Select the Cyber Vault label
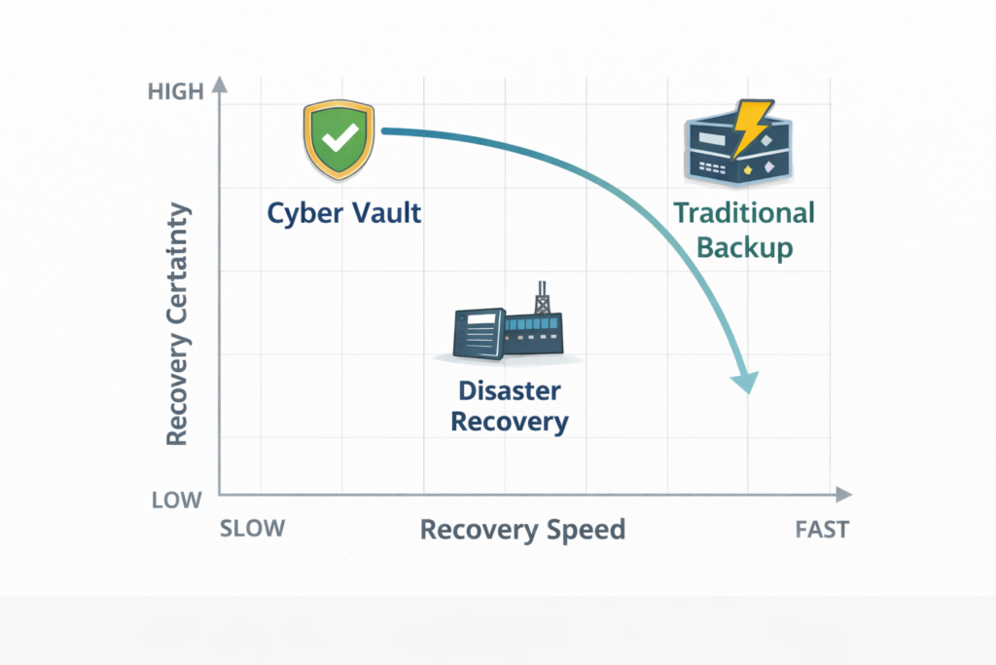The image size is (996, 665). click(344, 212)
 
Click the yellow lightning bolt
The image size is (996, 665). click(751, 128)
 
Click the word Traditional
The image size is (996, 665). click(744, 212)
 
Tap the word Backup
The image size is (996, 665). click(745, 246)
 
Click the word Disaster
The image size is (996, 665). click(510, 390)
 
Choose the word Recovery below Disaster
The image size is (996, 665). click(510, 423)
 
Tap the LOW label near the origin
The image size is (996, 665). click(176, 500)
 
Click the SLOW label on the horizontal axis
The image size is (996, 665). click(253, 529)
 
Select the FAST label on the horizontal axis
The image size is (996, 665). click(821, 530)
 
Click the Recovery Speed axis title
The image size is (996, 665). click(522, 530)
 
